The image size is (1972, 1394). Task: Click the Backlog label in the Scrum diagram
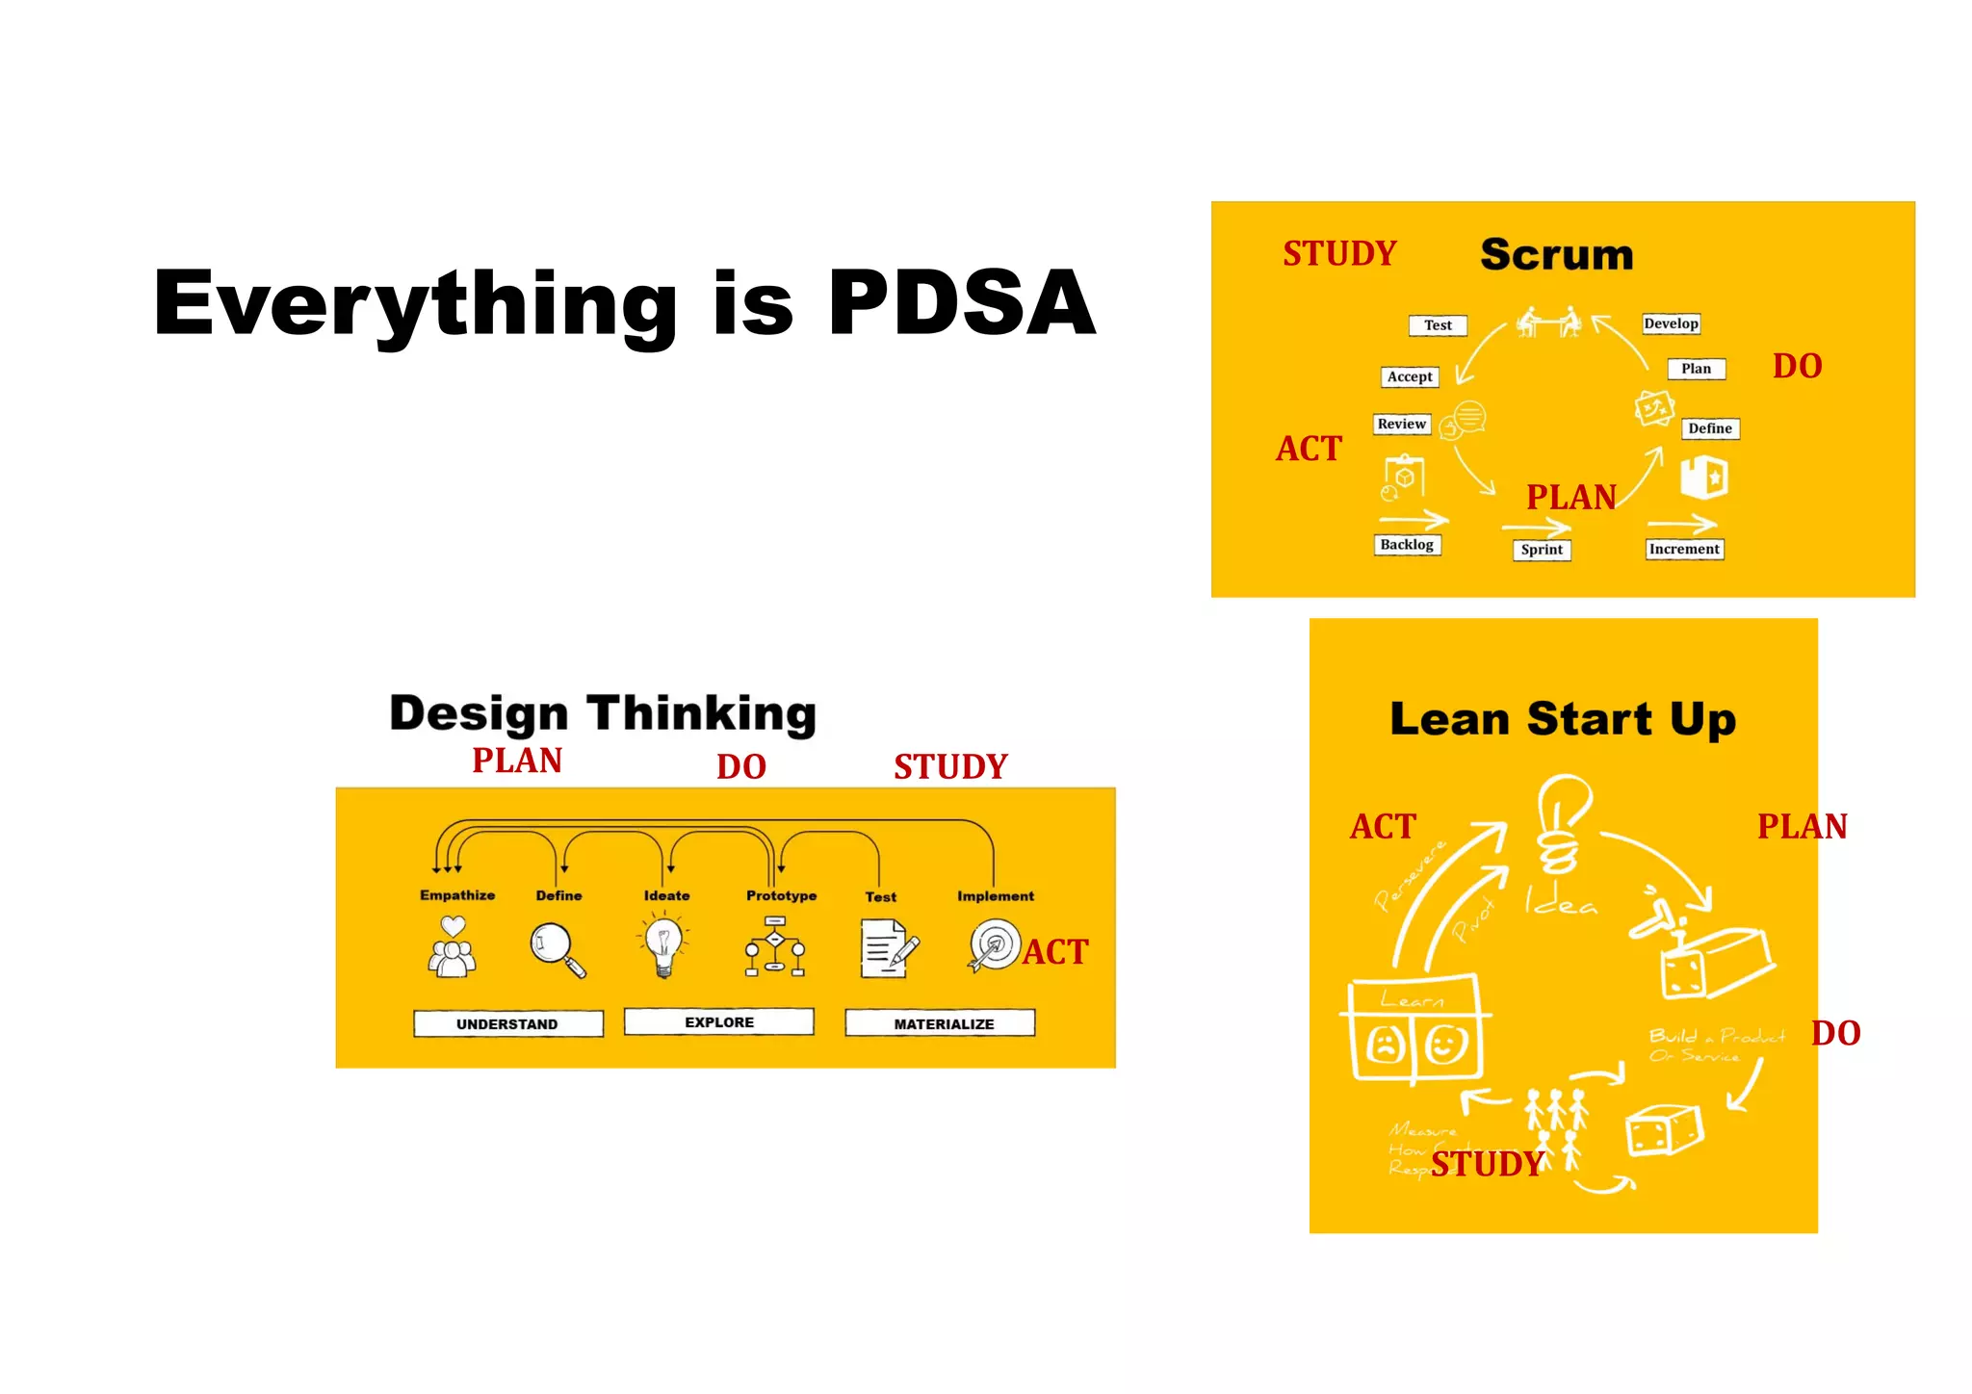point(1407,545)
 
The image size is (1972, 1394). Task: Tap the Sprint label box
point(1542,550)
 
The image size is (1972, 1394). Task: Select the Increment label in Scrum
point(1684,549)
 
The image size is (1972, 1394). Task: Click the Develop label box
point(1671,323)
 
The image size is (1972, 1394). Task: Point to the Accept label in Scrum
point(1410,376)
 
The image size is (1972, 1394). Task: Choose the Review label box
point(1401,424)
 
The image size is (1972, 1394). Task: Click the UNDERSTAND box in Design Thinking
point(507,1023)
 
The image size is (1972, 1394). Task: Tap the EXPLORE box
point(719,1021)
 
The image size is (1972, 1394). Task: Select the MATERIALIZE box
point(943,1023)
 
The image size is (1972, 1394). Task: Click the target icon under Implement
point(994,945)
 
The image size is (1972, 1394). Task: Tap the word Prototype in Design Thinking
point(781,895)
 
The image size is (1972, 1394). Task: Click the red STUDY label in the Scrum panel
point(1339,254)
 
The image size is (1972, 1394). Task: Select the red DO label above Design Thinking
point(741,766)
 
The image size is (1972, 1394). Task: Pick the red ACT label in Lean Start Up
point(1383,826)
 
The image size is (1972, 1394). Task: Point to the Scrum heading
point(1557,254)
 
